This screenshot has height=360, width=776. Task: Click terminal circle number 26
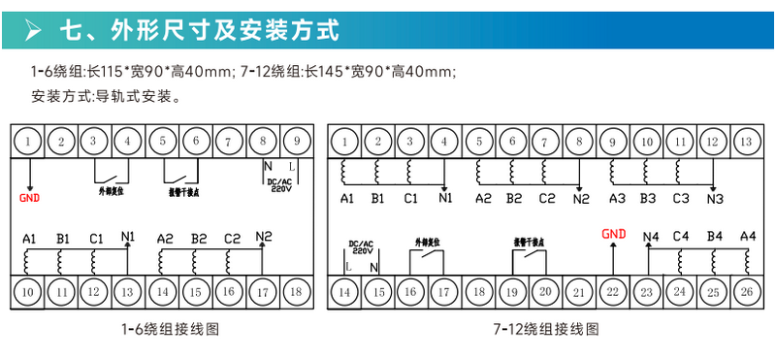point(746,290)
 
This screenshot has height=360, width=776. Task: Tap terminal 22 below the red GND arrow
point(611,290)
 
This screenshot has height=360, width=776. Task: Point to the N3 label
point(715,199)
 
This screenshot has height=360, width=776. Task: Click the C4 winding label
point(681,236)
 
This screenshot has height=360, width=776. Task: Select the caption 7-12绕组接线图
point(544,329)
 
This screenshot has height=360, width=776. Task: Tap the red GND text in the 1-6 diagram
point(31,198)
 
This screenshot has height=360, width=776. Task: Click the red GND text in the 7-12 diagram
point(614,233)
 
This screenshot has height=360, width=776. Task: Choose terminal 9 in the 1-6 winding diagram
point(296,143)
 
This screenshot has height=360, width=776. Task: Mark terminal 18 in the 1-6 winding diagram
point(296,290)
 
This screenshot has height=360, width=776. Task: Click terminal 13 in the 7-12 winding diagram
point(745,143)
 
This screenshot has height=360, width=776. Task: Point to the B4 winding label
point(715,236)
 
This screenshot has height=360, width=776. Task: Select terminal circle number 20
point(544,290)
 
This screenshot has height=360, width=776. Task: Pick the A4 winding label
point(747,236)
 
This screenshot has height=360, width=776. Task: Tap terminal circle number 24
point(679,290)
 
